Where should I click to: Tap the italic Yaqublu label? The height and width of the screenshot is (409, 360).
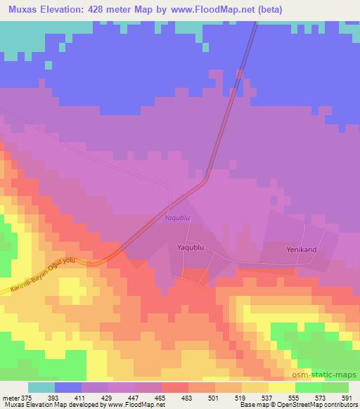pyautogui.click(x=177, y=218)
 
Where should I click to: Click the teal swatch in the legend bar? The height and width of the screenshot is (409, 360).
pyautogui.click(x=41, y=387)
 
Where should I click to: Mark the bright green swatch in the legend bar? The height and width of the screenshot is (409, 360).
pyautogui.click(x=308, y=387)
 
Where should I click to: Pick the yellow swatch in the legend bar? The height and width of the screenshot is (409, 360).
pyautogui.click(x=281, y=387)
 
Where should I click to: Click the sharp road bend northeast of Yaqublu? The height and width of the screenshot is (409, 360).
pyautogui.click(x=205, y=181)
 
